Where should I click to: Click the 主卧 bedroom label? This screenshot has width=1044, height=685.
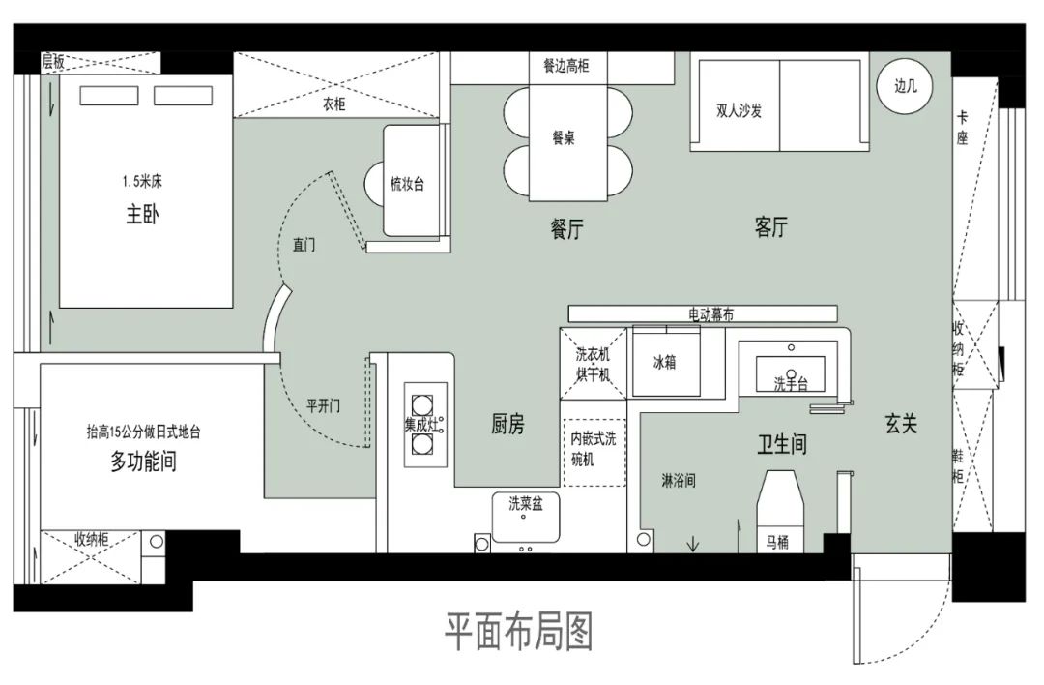[x=142, y=215]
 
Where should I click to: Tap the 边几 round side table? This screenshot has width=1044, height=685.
[x=905, y=86]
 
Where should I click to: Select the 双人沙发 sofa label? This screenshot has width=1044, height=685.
[x=739, y=111]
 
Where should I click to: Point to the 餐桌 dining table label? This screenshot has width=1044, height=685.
[x=564, y=138]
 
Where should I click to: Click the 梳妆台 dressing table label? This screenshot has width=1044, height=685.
[x=407, y=184]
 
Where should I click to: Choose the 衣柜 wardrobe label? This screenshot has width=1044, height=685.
[x=333, y=104]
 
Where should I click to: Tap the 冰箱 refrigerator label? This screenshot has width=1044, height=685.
[x=664, y=363]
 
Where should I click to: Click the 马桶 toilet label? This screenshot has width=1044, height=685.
[x=777, y=542]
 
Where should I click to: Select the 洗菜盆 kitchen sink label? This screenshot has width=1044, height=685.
[x=526, y=503]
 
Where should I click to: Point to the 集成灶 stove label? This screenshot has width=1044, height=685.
[x=422, y=423]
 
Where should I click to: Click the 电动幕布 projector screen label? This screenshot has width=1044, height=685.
[x=710, y=314]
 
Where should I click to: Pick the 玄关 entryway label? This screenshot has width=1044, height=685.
[x=901, y=423]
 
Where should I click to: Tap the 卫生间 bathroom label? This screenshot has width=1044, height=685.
[x=781, y=444]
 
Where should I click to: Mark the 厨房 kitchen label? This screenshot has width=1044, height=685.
[x=507, y=423]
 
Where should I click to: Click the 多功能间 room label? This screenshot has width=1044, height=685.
[x=143, y=462]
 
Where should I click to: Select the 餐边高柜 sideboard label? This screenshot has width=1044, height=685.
[x=565, y=66]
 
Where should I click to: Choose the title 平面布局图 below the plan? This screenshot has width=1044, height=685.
[x=518, y=633]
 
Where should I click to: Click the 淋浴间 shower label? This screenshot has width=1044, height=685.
[x=679, y=480]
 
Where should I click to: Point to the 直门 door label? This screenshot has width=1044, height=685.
[x=304, y=245]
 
